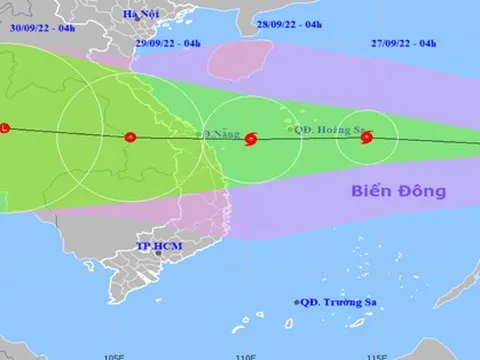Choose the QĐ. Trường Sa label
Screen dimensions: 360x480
[339, 301]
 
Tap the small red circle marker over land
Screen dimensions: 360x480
[129, 137]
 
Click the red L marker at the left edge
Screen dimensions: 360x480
[5, 128]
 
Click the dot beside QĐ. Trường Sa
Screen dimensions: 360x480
[297, 301]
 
